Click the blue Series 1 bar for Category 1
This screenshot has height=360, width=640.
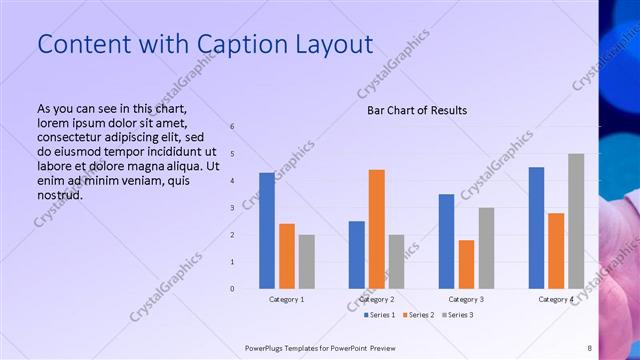coord(267,230)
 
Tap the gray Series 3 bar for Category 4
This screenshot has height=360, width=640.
coord(576,221)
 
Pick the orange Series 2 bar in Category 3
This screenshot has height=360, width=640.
coord(466,264)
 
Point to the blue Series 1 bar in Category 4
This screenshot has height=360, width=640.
coord(537,227)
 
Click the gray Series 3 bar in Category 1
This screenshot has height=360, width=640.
coord(306,261)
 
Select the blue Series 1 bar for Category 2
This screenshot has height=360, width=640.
coord(357,254)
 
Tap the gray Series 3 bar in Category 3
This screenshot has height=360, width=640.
coord(486,248)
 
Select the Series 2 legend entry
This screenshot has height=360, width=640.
coord(418,315)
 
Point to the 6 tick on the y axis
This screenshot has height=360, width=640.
coord(232,127)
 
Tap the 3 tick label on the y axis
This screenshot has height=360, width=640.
coord(232,208)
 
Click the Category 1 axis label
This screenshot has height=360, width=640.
coord(287,299)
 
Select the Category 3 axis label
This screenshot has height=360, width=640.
coord(466,299)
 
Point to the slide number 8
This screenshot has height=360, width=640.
coord(589,348)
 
